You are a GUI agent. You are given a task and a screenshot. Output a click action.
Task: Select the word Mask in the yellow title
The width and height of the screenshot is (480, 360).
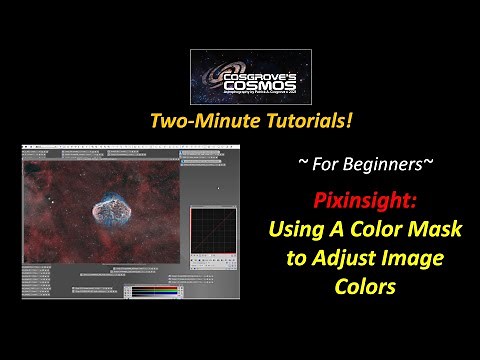tap(435, 229)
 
